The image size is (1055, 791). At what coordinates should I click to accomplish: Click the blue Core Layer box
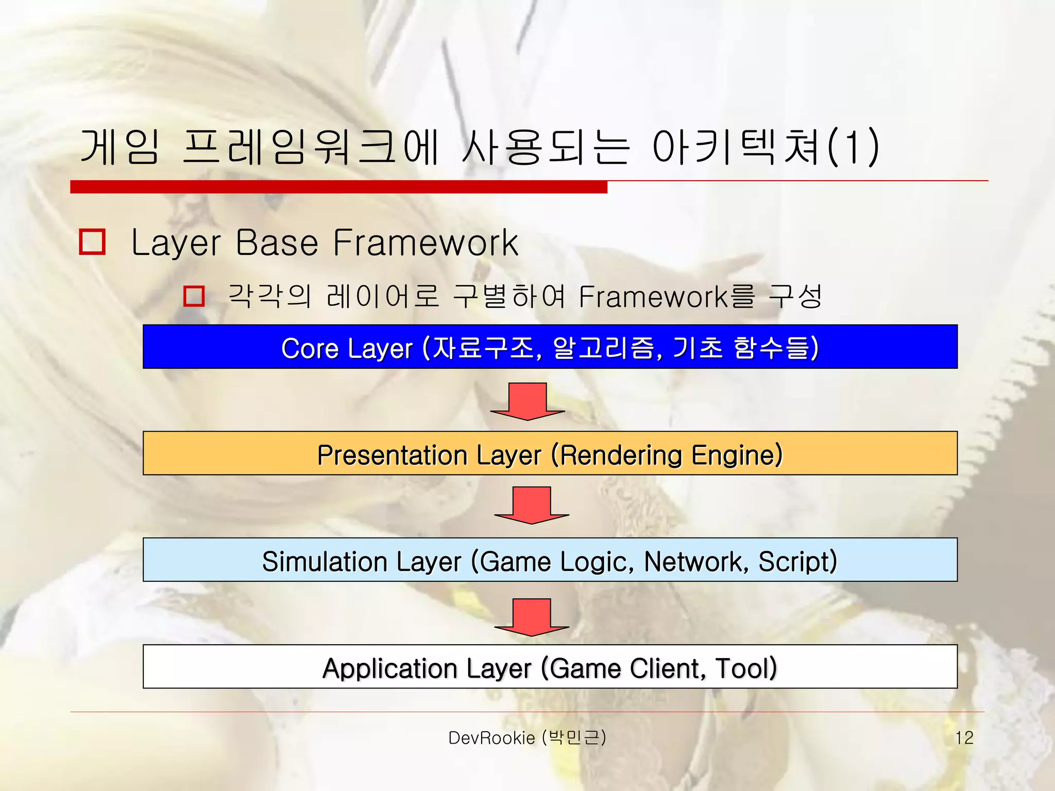[550, 347]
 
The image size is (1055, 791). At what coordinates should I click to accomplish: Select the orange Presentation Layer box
[550, 453]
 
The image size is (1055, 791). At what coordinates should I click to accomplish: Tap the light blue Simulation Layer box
[550, 560]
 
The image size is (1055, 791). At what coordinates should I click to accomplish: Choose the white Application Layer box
[550, 666]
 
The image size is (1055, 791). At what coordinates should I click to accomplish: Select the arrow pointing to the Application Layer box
[531, 616]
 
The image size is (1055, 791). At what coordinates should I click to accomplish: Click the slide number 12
[964, 737]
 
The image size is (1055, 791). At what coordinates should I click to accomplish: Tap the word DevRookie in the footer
[491, 738]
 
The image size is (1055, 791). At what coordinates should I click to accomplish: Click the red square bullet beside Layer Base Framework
[92, 242]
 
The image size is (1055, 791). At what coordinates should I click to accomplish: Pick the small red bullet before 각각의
[194, 296]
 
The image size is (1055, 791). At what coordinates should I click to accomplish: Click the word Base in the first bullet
[277, 243]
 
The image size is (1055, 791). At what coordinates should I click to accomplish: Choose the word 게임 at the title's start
[120, 147]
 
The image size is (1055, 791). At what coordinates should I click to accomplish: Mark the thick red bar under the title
[338, 187]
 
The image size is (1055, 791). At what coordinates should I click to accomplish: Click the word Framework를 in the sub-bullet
[667, 297]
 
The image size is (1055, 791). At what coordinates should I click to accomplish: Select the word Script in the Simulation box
[797, 561]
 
